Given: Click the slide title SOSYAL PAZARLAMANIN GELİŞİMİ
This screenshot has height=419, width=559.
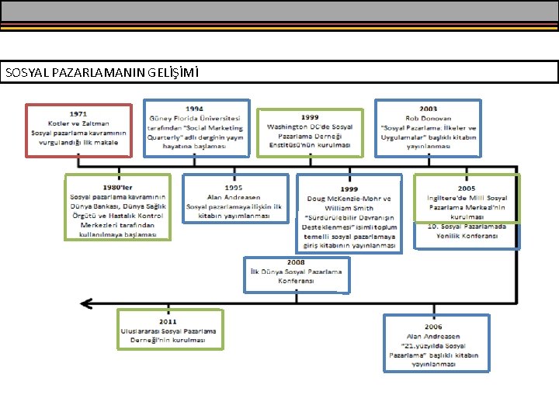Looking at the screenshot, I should (102, 73).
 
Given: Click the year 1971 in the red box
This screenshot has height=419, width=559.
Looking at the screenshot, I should (78, 114).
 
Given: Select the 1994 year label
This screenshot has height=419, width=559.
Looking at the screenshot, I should (195, 109).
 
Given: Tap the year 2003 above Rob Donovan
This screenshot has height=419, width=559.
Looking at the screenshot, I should (428, 109).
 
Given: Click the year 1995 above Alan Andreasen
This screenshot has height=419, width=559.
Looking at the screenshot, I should (234, 188).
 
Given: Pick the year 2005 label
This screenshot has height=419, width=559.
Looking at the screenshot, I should (467, 189).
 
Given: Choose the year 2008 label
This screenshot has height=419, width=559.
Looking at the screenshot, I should (296, 263).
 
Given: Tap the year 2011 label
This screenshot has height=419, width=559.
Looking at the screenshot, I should (168, 321).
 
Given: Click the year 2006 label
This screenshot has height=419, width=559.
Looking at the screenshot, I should (434, 327).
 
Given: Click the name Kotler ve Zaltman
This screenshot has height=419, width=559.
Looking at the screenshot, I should (78, 123).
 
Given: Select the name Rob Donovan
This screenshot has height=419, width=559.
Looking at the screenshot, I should (428, 118).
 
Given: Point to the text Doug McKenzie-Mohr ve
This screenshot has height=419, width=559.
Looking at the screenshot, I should (349, 199).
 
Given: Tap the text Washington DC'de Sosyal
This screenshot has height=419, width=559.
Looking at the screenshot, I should (310, 126).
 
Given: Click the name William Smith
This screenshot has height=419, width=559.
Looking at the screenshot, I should (349, 208).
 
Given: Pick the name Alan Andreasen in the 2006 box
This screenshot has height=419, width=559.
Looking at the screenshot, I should (434, 336).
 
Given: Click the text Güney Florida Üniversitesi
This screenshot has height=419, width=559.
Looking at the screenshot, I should (195, 118).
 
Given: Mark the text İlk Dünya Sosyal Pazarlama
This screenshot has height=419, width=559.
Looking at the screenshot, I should (296, 272).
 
